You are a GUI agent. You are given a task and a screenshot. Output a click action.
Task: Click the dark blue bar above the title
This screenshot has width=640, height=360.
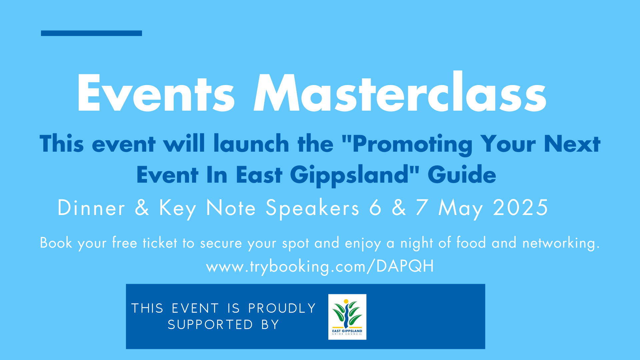(x=91, y=33)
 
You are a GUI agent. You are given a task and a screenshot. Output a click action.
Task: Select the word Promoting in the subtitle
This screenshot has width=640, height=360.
(x=412, y=144)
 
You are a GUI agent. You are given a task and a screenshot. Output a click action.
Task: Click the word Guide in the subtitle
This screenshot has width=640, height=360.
(x=462, y=174)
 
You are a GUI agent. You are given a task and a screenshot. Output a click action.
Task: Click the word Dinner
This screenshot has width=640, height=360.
(x=91, y=208)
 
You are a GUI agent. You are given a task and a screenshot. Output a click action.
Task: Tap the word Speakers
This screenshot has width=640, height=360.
(x=313, y=208)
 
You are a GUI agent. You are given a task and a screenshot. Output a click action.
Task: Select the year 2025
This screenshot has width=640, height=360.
(x=520, y=207)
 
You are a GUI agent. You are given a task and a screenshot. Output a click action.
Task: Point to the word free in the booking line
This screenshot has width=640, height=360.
(x=124, y=242)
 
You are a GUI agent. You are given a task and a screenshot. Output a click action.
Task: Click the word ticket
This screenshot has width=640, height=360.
(x=160, y=243)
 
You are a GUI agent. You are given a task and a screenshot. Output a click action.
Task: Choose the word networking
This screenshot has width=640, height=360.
(x=561, y=243)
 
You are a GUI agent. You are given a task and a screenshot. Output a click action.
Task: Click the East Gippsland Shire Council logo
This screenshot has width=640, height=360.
(x=347, y=317)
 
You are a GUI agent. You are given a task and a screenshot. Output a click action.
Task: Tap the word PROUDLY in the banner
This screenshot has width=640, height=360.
(x=282, y=308)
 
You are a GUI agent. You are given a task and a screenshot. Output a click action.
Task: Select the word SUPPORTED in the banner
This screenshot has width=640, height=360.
(x=210, y=325)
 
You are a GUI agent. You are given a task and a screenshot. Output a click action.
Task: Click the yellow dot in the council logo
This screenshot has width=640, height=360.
(x=346, y=301)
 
